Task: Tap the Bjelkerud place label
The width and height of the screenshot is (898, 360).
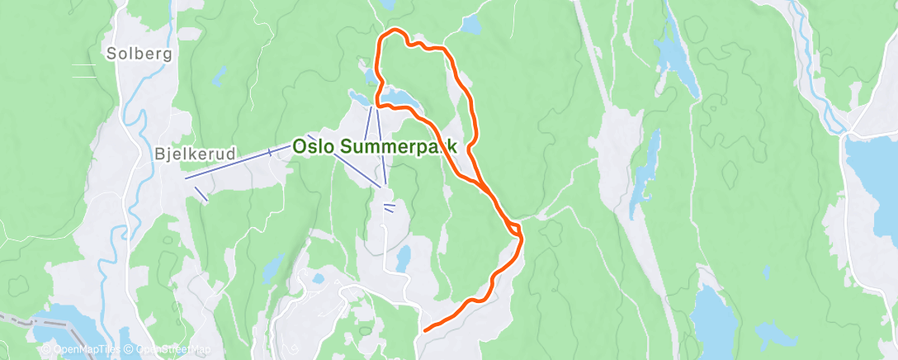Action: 195,154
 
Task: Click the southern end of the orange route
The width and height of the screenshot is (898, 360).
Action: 425,330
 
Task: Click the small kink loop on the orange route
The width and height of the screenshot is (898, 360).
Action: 514,227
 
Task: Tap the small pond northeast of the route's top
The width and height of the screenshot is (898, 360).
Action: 470,26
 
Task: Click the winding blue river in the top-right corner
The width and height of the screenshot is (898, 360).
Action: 813,50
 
